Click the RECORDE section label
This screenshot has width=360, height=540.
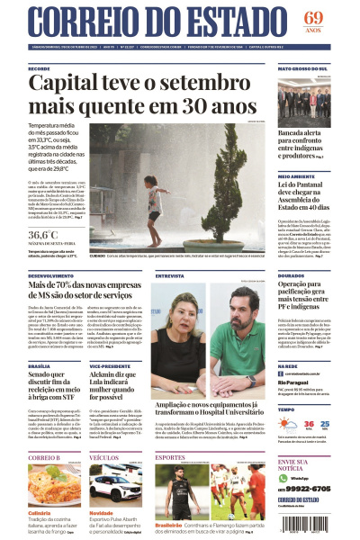click(x=39, y=68)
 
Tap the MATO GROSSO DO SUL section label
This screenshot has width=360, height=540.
click(x=301, y=68)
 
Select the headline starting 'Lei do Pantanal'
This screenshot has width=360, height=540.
click(x=301, y=187)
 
